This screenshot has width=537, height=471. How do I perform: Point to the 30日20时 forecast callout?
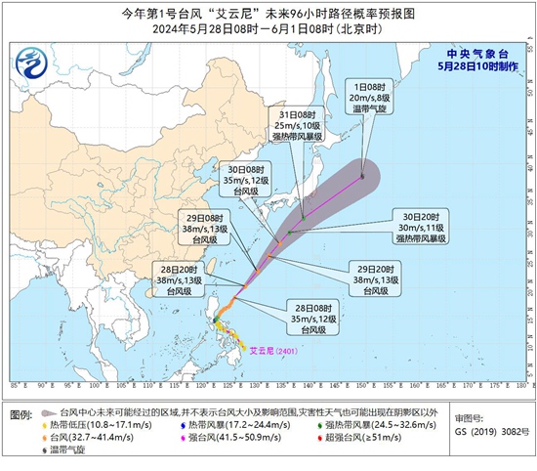point(421,226)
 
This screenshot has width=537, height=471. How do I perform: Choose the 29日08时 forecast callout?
point(204,227)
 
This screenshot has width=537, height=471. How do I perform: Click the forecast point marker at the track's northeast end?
point(362,176)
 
